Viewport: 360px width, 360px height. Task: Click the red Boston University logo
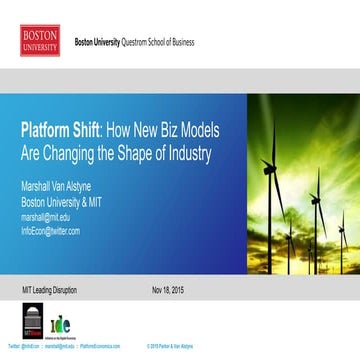(x=40, y=40)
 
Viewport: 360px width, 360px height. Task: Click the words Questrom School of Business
(x=158, y=44)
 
